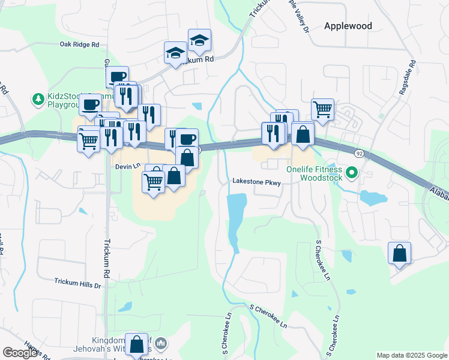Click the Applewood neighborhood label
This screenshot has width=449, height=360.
pyautogui.click(x=348, y=26)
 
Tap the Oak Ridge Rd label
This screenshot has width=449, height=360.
pyautogui.click(x=81, y=44)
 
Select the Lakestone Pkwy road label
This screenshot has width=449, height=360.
pyautogui.click(x=256, y=182)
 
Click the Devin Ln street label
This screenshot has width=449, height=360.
pyautogui.click(x=128, y=166)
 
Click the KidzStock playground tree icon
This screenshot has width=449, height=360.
pyautogui.click(x=38, y=98)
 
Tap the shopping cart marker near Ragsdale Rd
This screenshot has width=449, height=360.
pyautogui.click(x=322, y=110)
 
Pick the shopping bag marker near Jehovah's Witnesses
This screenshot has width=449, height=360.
pyautogui.click(x=137, y=344)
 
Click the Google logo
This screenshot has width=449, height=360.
pyautogui.click(x=19, y=353)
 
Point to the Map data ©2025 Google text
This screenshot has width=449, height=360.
pyautogui.click(x=411, y=355)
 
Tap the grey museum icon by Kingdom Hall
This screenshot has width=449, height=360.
pyautogui.click(x=160, y=344)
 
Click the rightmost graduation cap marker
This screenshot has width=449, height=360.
pyautogui.click(x=199, y=40)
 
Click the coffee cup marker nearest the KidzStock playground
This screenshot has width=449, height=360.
pyautogui.click(x=90, y=104)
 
